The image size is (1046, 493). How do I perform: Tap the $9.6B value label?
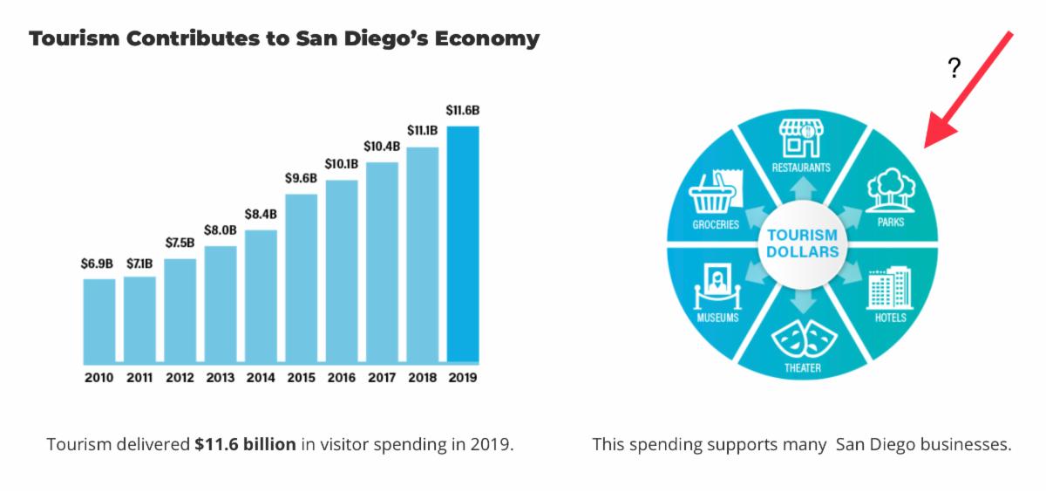pos(302,178)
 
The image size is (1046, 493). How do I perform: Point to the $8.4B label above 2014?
pos(261,214)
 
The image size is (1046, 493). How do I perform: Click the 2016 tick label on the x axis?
pos(342,379)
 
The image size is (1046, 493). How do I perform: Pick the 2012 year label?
pos(180,379)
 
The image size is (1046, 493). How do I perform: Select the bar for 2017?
pos(382,262)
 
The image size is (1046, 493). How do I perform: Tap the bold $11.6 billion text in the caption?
pos(246,444)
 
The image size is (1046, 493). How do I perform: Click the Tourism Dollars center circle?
pos(802,243)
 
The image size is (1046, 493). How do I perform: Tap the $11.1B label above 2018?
pos(422,131)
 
